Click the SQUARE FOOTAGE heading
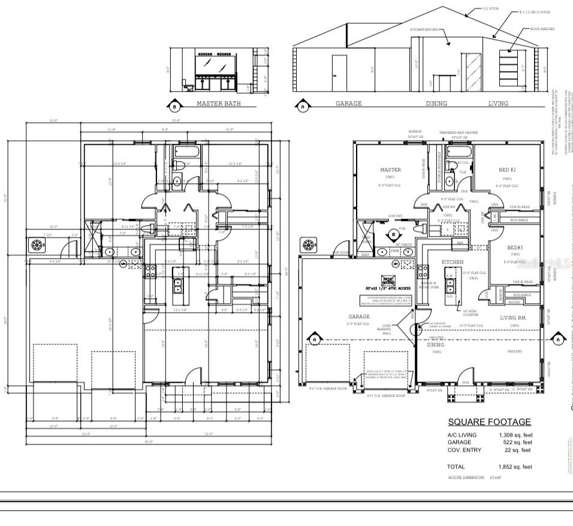click(489, 422)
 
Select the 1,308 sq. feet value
click(515, 435)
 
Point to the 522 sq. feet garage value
click(517, 442)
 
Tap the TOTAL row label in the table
click(456, 467)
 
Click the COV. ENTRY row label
click(464, 450)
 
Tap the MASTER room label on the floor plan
click(390, 170)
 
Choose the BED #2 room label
click(507, 170)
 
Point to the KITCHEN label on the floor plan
click(453, 262)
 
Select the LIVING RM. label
click(513, 318)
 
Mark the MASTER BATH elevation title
click(218, 104)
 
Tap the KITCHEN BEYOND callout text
click(425, 29)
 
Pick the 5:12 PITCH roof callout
click(491, 9)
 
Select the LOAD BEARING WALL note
click(387, 329)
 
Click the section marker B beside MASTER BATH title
click(174, 107)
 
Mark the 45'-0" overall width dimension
click(147, 442)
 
